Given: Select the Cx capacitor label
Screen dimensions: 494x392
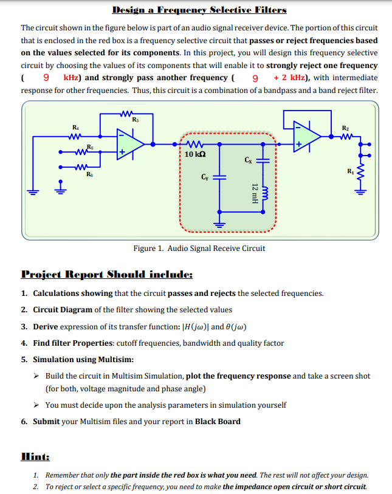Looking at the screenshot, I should pos(247,160).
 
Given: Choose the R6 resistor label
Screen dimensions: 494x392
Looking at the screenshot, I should pos(91,174).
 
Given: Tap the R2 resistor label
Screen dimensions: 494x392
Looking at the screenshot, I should pos(345,128).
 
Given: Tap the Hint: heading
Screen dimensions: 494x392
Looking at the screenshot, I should pos(35,456).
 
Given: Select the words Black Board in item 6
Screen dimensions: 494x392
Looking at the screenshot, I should pos(218,421).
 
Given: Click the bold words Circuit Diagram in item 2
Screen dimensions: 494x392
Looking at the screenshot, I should pos(63,309).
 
